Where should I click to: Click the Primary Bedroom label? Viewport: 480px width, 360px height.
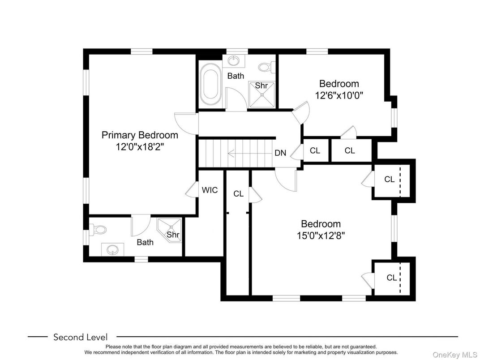140,135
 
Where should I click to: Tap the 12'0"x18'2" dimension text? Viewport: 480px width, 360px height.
140,147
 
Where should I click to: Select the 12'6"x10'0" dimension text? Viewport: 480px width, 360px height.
339,95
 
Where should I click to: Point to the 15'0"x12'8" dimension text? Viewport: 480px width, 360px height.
321,236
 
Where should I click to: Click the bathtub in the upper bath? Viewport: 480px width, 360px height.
210,84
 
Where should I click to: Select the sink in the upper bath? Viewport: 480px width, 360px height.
234,60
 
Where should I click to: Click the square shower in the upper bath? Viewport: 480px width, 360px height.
262,94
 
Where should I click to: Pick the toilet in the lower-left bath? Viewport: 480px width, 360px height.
98,229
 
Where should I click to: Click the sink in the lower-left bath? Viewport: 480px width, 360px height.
112,249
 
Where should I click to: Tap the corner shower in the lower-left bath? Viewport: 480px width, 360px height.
169,230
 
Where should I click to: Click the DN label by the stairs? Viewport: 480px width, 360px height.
280,153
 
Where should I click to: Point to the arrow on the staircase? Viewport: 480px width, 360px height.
250,154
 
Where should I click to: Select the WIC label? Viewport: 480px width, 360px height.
210,190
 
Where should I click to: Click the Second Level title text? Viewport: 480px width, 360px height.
81,337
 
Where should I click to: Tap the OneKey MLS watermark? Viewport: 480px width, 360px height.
454,355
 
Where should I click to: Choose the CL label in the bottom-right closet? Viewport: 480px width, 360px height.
392,278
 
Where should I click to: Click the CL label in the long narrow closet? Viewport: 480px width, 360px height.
239,194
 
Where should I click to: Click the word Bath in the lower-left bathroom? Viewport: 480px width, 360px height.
145,242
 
